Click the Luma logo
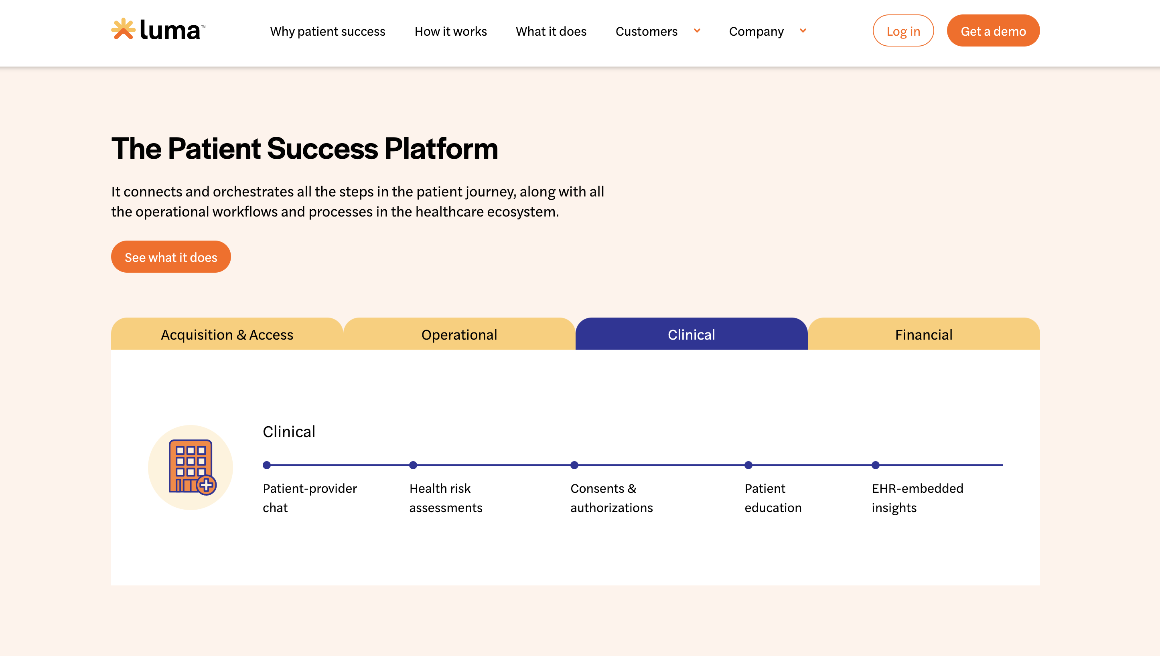(x=158, y=30)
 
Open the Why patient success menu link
(x=328, y=31)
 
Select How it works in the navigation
(x=451, y=31)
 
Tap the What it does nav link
(x=551, y=31)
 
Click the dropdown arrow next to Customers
(x=697, y=30)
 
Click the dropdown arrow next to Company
(x=803, y=30)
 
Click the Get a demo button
(x=993, y=30)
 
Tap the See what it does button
(x=171, y=257)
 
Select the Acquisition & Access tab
(x=227, y=334)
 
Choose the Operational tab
(x=459, y=334)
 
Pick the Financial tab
(x=924, y=334)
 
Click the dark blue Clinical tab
(x=692, y=334)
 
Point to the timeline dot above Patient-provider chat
(x=267, y=465)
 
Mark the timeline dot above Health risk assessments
(x=413, y=465)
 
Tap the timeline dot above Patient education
(x=748, y=465)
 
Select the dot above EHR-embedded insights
(x=876, y=465)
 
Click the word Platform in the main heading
(x=442, y=149)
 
